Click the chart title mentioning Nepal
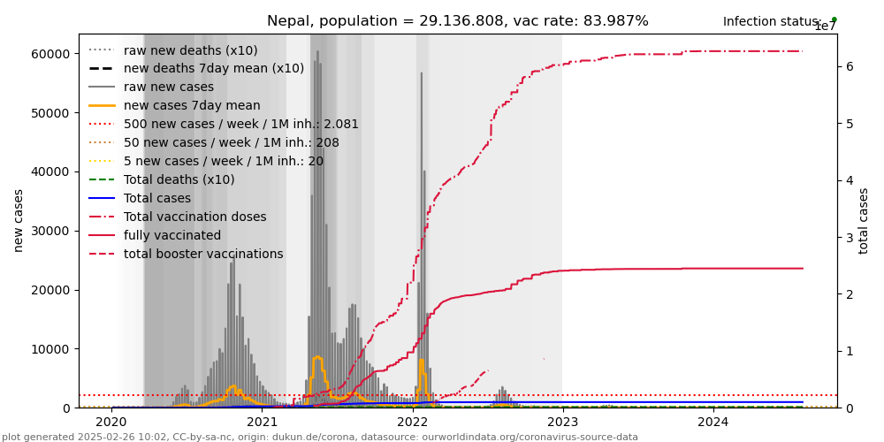(457, 21)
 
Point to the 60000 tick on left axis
(50, 54)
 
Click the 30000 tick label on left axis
(50, 231)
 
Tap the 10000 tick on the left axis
(50, 349)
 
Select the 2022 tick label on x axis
(412, 423)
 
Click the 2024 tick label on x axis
(713, 423)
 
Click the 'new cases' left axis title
(18, 220)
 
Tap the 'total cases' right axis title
(865, 220)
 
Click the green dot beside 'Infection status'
(834, 19)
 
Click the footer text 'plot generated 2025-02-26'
(319, 437)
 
